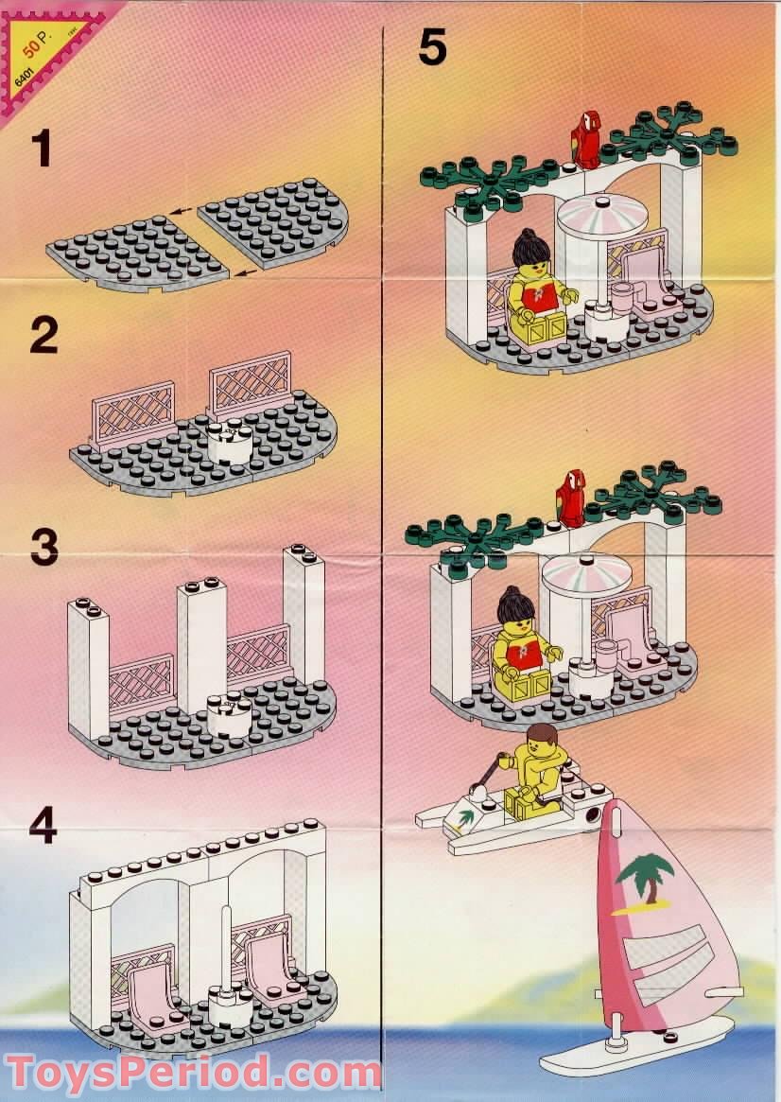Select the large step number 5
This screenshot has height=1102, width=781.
pyautogui.click(x=432, y=47)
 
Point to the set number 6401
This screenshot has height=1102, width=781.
pyautogui.click(x=26, y=73)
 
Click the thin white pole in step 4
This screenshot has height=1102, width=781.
pyautogui.click(x=226, y=946)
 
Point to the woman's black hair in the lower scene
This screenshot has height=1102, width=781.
pyautogui.click(x=517, y=602)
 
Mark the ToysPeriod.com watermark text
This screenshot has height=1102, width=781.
pyautogui.click(x=194, y=1074)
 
